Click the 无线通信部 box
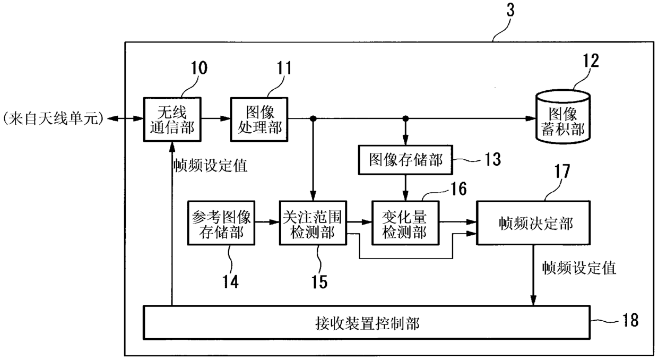click(172, 119)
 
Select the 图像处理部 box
click(259, 119)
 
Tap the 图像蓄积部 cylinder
click(563, 117)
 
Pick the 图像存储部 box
click(405, 160)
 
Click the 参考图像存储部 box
click(221, 223)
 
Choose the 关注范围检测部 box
click(313, 223)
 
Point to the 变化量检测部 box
click(405, 223)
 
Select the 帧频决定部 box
click(533, 223)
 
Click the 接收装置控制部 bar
click(367, 323)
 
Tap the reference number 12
click(591, 61)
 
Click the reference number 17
click(561, 171)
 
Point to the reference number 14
click(230, 281)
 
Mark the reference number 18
click(630, 320)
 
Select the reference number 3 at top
click(510, 10)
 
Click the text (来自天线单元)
click(53, 119)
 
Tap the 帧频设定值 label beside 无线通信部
click(210, 166)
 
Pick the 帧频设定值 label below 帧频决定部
click(579, 268)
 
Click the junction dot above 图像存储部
click(405, 119)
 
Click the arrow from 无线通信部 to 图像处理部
click(216, 119)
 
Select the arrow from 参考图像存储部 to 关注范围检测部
click(267, 222)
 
